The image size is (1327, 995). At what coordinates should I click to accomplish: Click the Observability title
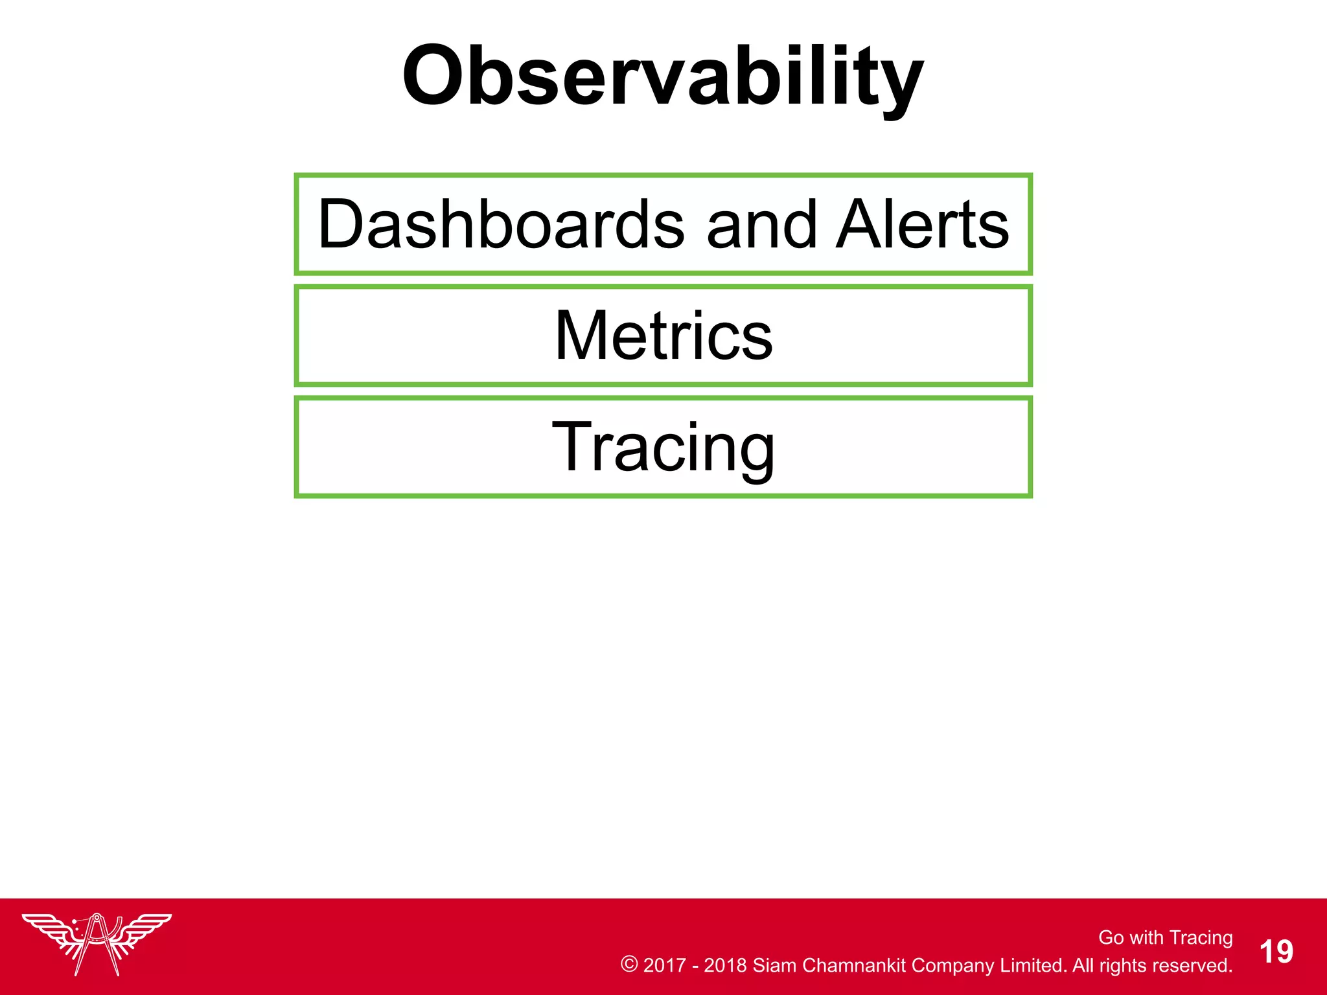tap(663, 76)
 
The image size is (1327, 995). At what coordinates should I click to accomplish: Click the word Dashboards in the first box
tap(501, 225)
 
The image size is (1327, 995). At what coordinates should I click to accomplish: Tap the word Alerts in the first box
tap(922, 225)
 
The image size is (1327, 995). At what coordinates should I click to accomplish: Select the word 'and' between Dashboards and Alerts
tap(761, 225)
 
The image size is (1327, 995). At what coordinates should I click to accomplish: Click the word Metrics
tap(663, 336)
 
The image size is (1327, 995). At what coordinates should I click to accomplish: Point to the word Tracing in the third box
tap(663, 447)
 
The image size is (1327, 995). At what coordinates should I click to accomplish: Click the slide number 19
tap(1276, 952)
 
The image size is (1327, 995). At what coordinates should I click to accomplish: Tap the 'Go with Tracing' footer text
tap(1165, 937)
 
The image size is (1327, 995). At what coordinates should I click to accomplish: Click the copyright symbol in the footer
tap(629, 964)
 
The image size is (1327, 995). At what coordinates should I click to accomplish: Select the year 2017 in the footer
tap(665, 965)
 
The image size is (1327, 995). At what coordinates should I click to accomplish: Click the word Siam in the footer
tap(775, 965)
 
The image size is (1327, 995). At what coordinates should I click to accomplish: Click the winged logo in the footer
tap(97, 943)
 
